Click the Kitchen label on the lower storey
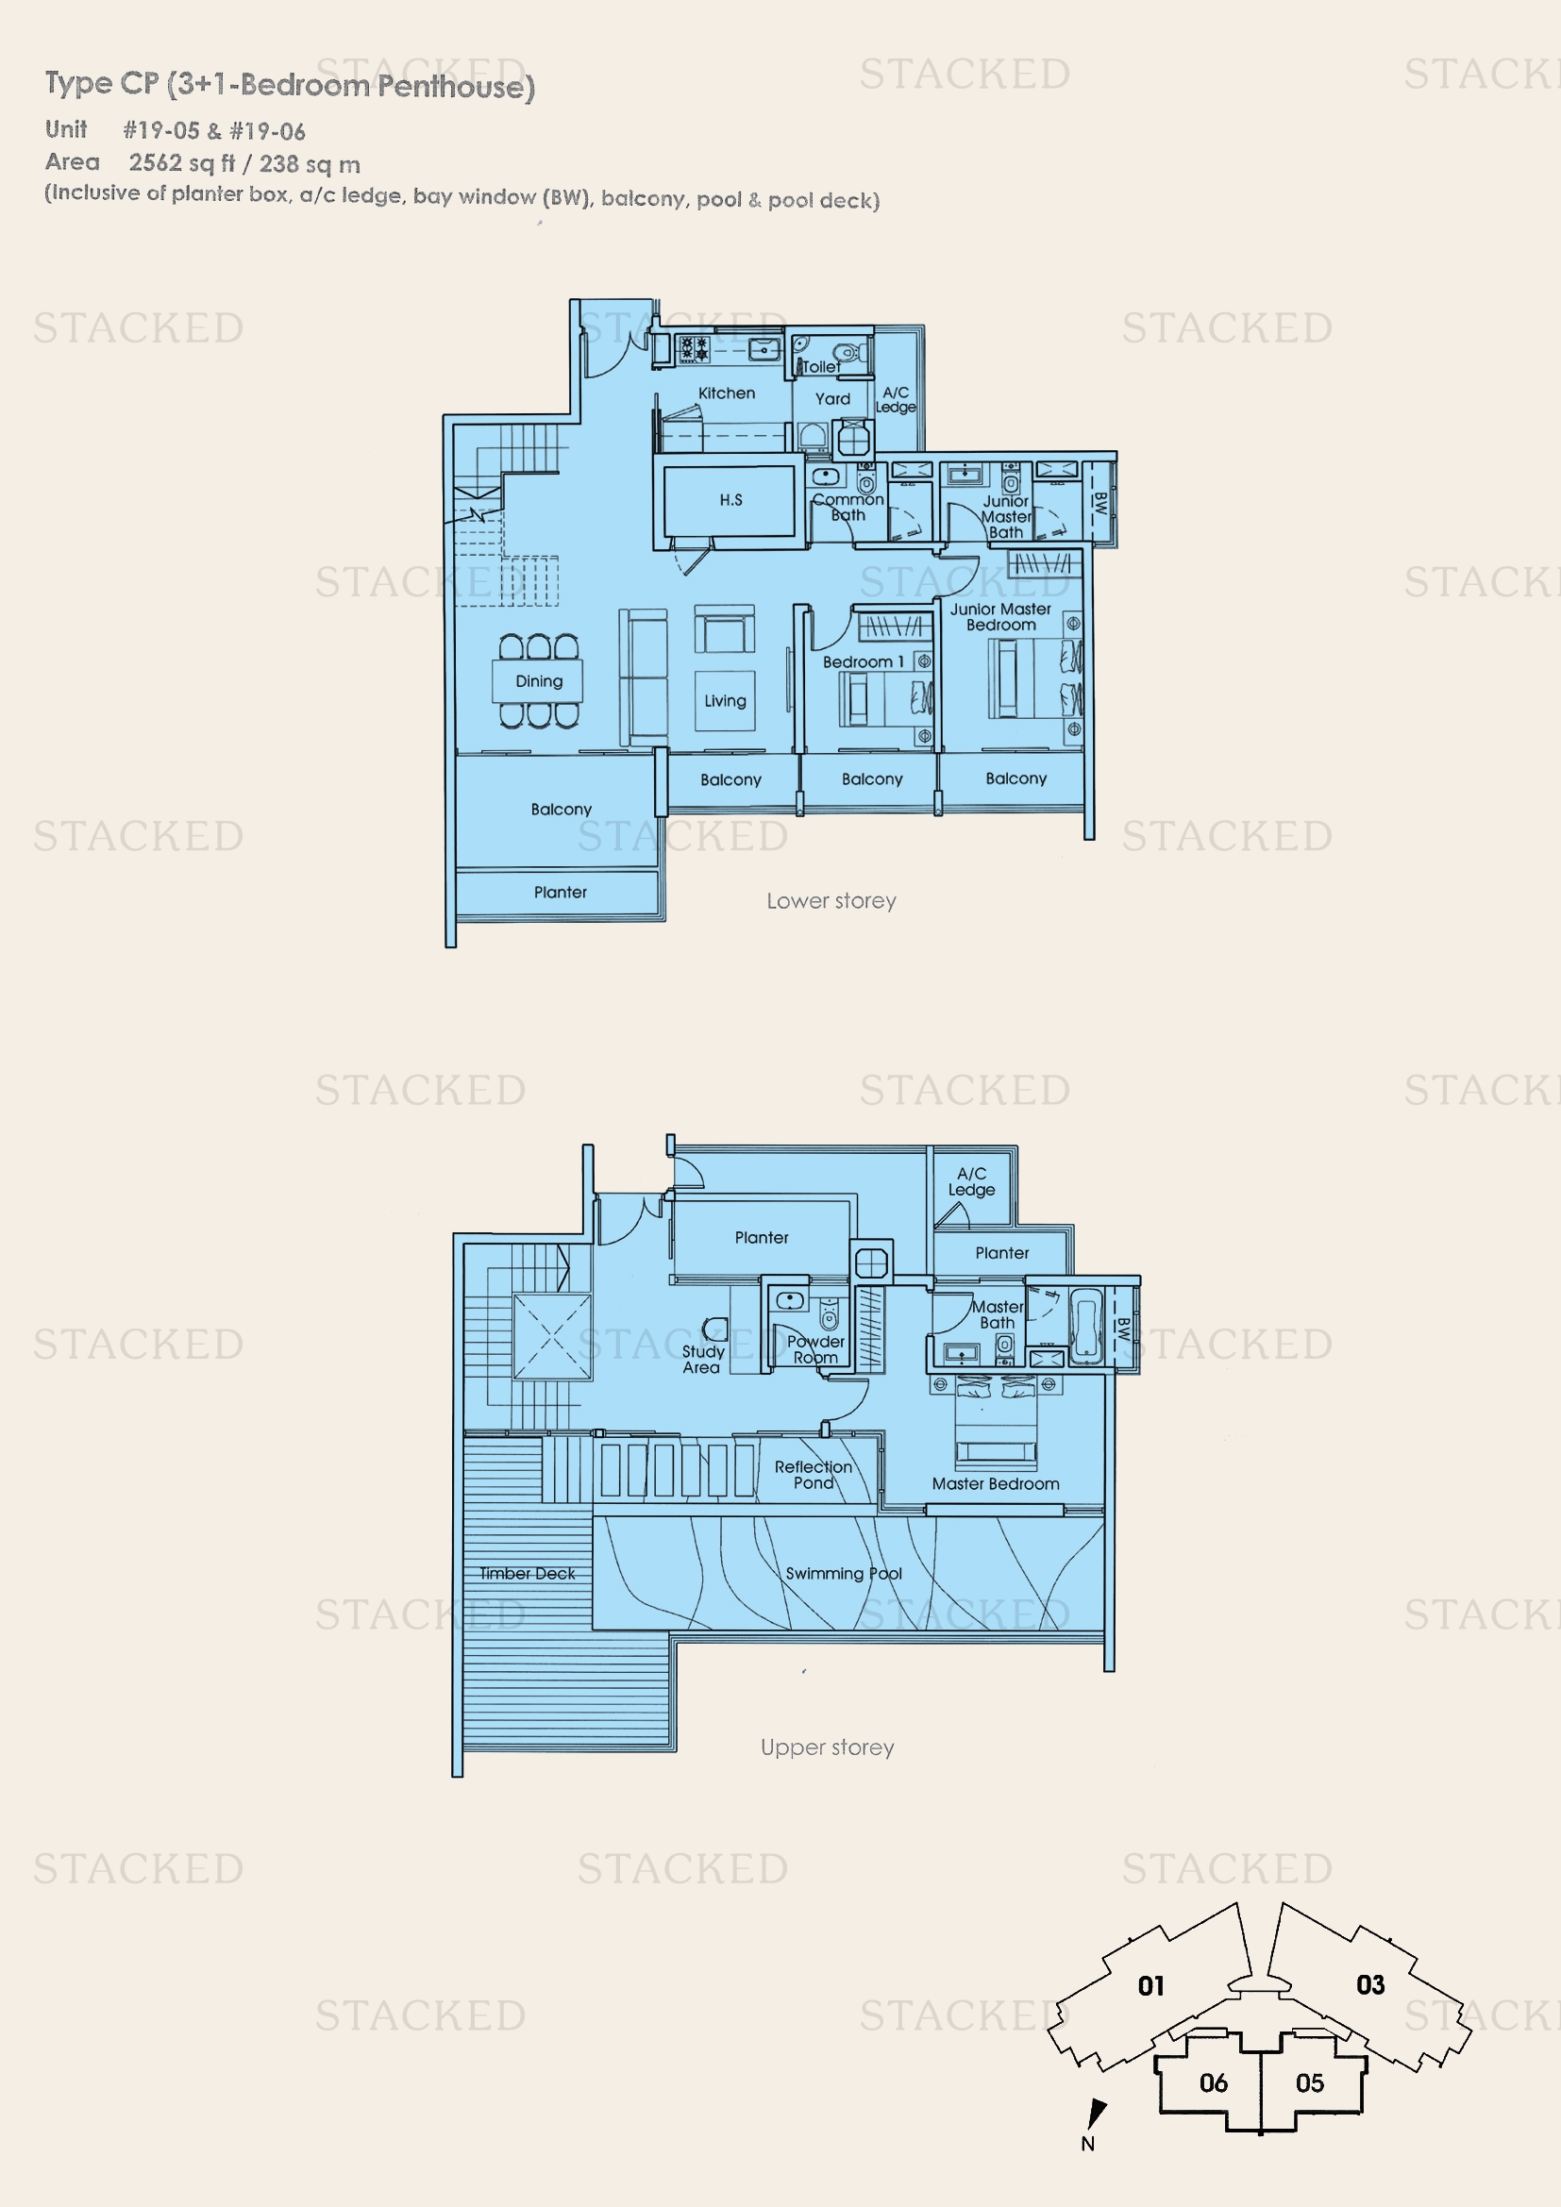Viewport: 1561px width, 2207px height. pos(727,393)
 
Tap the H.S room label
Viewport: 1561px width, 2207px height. pos(731,500)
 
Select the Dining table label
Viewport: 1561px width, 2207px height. pos(539,681)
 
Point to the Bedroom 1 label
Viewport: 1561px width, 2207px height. pos(864,662)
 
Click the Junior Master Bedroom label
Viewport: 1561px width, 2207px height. pos(1000,617)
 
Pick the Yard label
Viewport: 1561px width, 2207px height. pos(832,399)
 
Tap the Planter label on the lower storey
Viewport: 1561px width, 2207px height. pos(561,892)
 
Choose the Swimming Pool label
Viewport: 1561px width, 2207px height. pos(844,1574)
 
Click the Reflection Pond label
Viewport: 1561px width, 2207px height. pos(814,1475)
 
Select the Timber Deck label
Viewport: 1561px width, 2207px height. pos(528,1574)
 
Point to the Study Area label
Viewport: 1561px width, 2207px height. pos(703,1359)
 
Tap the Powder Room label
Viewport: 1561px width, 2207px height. pos(815,1349)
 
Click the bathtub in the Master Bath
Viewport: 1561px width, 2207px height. pos(1086,1327)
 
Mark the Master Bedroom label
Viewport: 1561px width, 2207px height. pos(996,1484)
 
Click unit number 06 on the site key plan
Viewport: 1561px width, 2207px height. pos(1213,2083)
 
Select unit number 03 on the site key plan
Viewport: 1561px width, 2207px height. pos(1370,1985)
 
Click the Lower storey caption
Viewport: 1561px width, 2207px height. pos(831,902)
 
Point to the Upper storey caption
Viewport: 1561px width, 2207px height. pos(828,1747)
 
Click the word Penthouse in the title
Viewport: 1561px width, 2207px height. pos(456,87)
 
